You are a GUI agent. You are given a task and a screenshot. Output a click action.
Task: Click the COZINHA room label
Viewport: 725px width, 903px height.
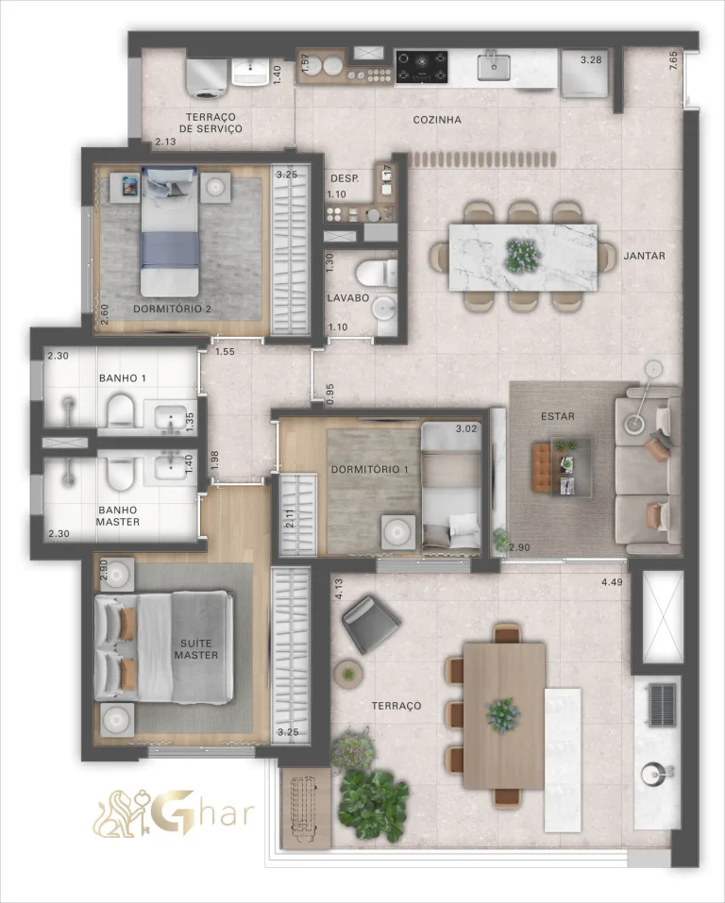[x=437, y=121]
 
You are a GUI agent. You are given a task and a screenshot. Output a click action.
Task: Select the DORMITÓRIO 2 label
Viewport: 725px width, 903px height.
[x=172, y=309]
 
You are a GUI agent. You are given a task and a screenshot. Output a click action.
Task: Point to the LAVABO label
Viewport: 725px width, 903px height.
[x=347, y=297]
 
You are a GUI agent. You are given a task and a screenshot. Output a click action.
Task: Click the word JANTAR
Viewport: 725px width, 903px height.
[x=645, y=256]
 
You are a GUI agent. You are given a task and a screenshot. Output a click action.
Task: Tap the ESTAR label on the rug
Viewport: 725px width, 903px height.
[x=558, y=416]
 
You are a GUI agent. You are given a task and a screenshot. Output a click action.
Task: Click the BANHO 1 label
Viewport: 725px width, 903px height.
[x=123, y=378]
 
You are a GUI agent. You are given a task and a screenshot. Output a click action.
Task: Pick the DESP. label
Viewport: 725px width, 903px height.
[x=342, y=178]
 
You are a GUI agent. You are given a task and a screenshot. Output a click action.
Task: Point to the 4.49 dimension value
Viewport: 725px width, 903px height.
[x=614, y=582]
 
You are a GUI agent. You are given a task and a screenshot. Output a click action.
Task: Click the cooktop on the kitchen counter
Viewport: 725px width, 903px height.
[x=421, y=66]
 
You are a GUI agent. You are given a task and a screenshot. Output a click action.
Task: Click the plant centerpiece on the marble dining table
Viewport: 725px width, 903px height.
[x=519, y=255]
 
